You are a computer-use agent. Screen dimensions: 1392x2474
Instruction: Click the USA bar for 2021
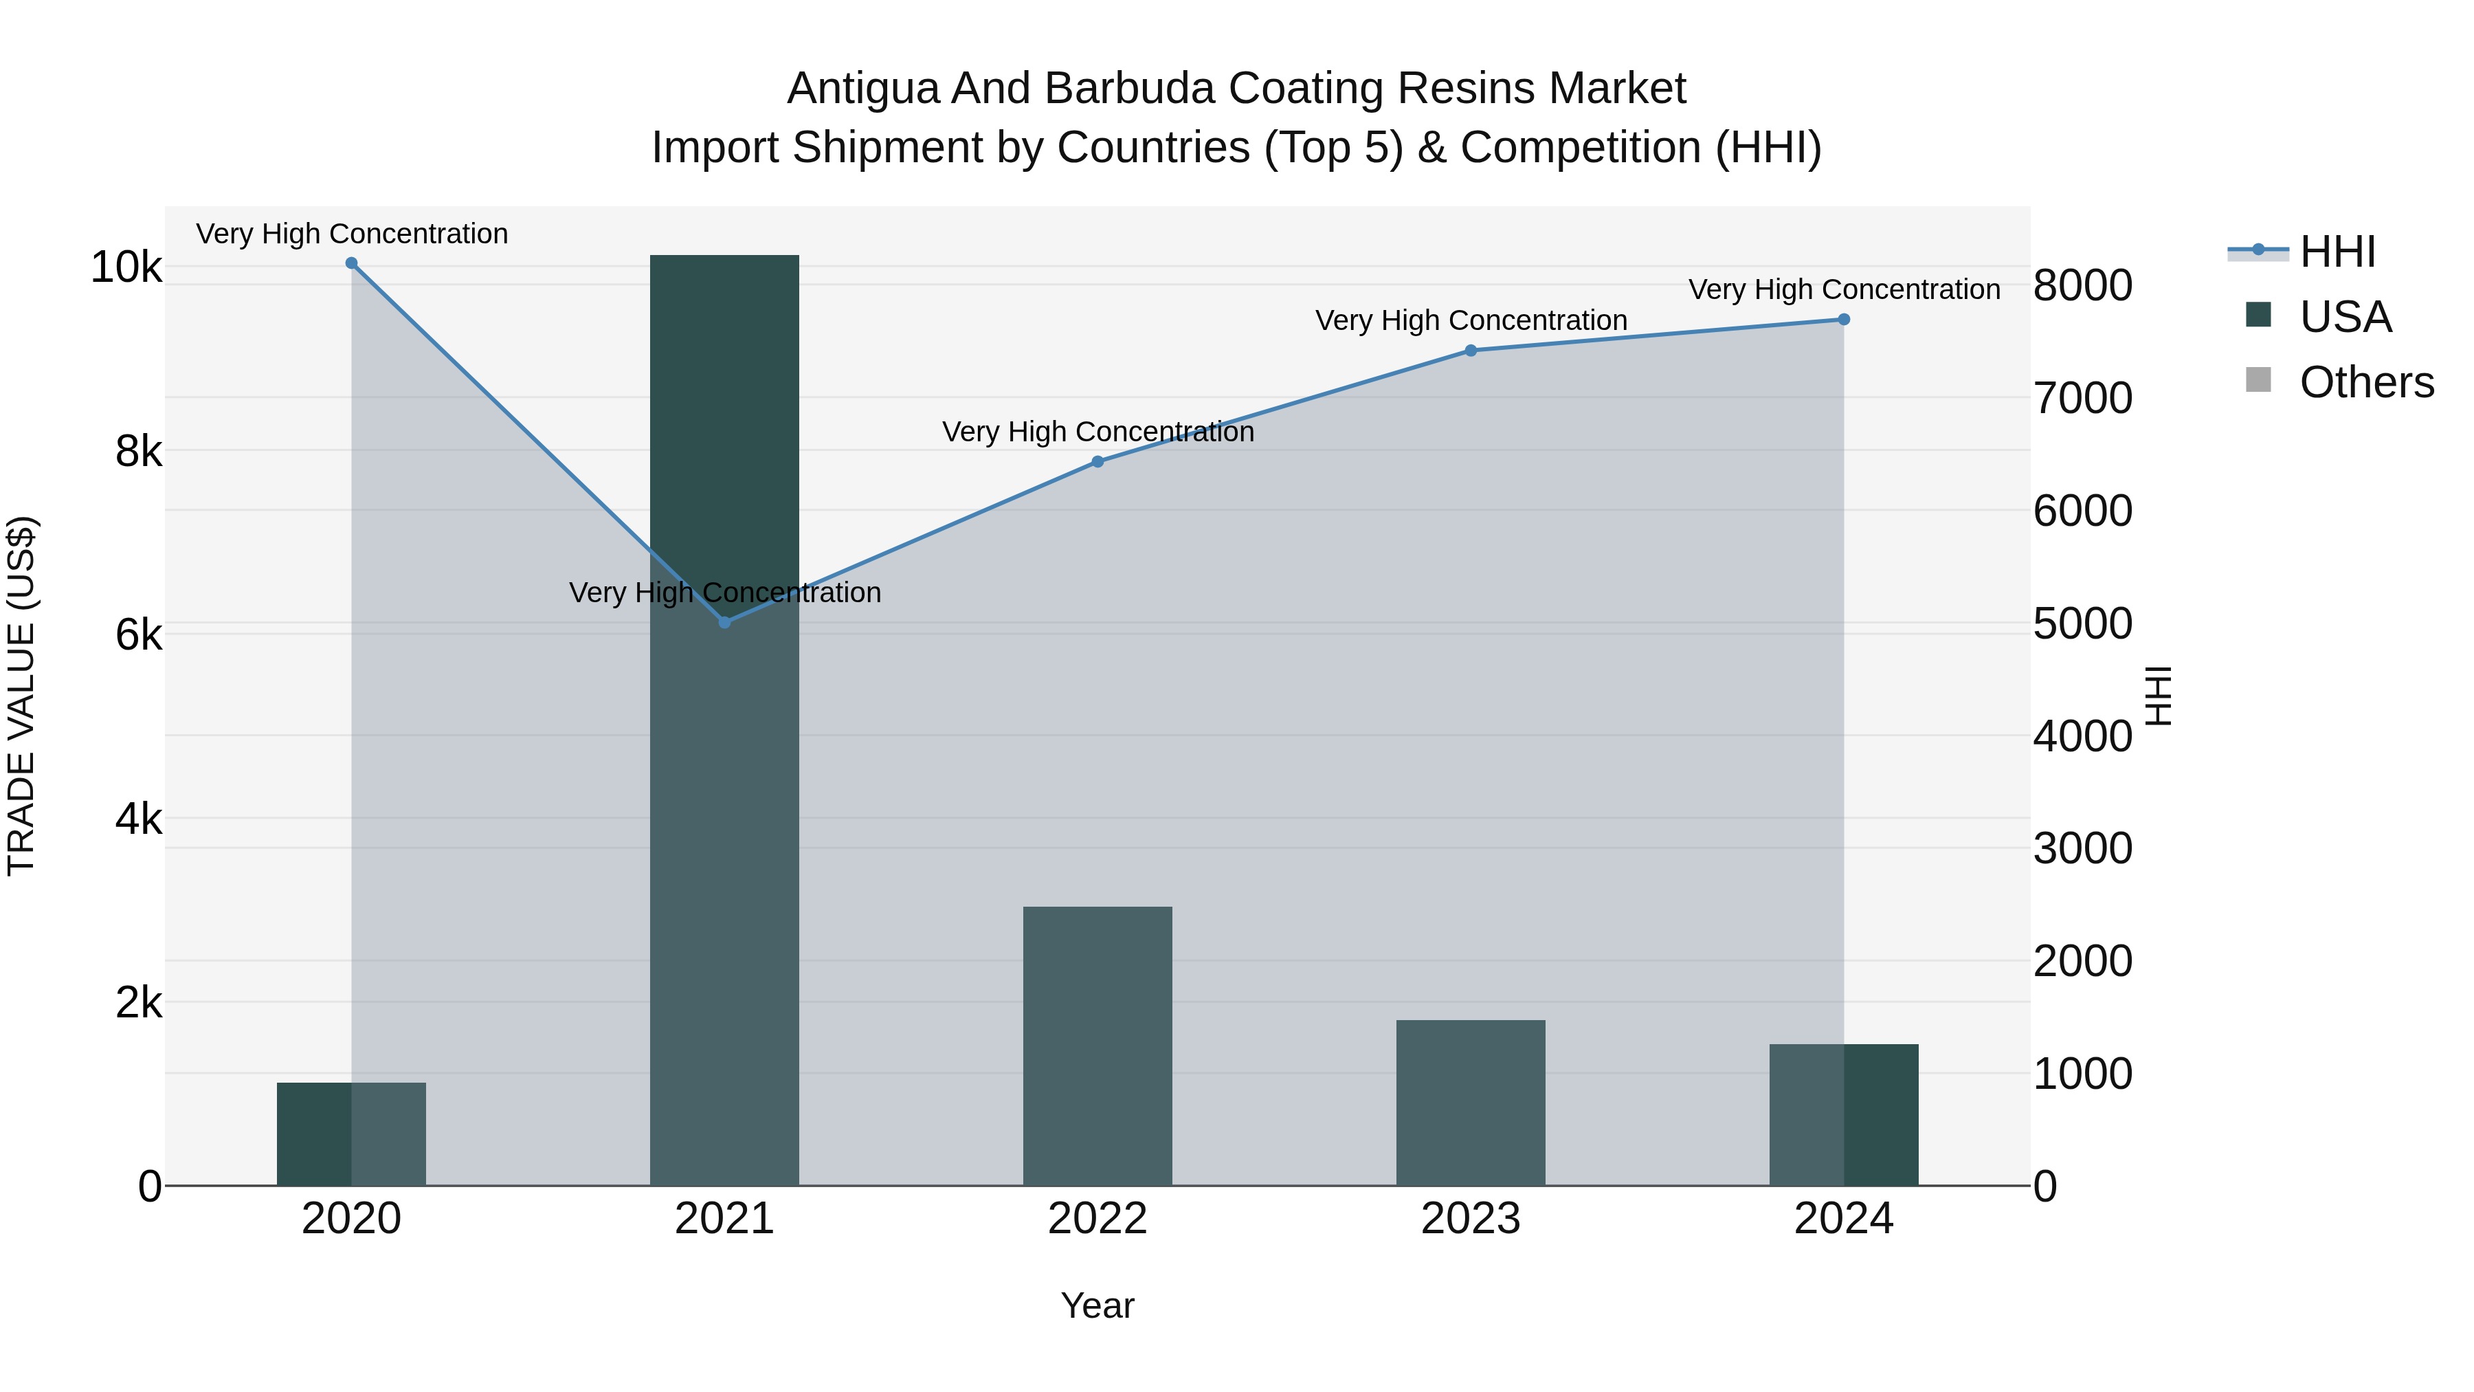pos(724,720)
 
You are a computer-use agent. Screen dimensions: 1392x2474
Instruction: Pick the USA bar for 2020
pos(351,1134)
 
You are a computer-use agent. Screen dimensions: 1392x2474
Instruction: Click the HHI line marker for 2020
pos(351,263)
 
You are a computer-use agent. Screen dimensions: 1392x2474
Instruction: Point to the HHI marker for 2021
pos(725,623)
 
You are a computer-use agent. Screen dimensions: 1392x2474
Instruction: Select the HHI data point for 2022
pos(1097,462)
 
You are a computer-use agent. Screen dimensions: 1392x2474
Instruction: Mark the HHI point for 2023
pos(1471,351)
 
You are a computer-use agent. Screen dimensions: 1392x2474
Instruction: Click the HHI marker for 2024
pos(1844,320)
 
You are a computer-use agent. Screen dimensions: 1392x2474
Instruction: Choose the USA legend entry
pos(2344,317)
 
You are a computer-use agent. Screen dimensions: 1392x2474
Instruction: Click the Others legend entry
pos(2365,382)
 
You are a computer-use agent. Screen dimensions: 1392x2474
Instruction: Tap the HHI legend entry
pos(2337,252)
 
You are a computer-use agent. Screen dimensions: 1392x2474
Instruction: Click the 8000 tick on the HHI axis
pos(2082,285)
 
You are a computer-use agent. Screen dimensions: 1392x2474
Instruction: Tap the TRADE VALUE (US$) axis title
pos(21,696)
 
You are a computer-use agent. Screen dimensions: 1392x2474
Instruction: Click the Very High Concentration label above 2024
pos(1844,289)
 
